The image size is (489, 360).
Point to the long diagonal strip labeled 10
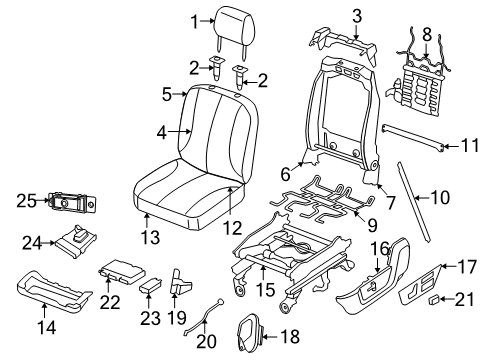416,210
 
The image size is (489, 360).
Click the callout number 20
207,343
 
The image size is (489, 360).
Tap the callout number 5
168,96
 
